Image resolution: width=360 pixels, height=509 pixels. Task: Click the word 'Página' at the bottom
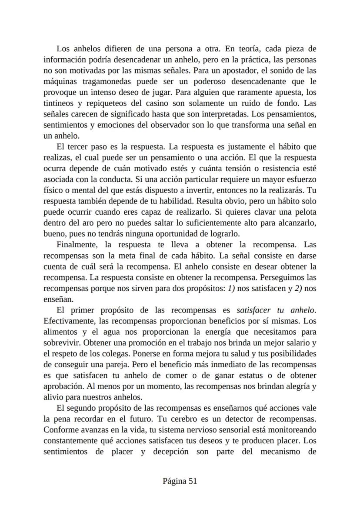[x=174, y=481]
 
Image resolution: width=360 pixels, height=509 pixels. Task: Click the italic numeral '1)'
[x=232, y=289]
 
